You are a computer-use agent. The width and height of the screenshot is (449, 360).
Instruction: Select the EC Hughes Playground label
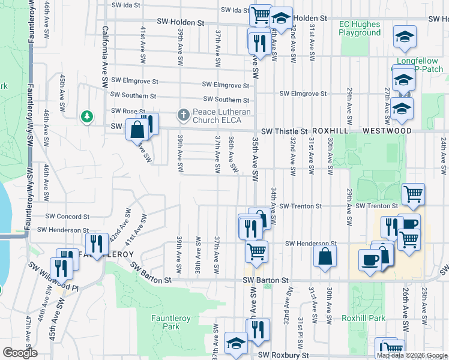pyautogui.click(x=360, y=28)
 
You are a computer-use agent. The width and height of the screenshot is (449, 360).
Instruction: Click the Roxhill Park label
pyautogui.click(x=363, y=318)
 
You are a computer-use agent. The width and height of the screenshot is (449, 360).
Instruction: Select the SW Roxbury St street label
pyautogui.click(x=283, y=355)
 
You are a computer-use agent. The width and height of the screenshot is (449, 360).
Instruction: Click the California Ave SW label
pyautogui.click(x=104, y=54)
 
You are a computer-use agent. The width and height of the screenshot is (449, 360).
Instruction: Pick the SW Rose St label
pyautogui.click(x=128, y=111)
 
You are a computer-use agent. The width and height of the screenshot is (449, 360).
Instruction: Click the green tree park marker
pyautogui.click(x=88, y=115)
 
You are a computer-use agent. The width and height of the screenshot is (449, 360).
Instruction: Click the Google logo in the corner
pyautogui.click(x=20, y=353)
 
